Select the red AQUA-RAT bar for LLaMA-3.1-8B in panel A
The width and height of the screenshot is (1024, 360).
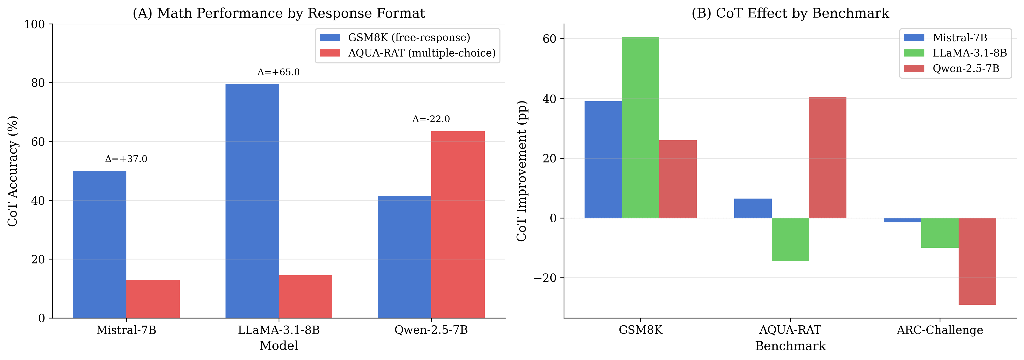point(305,296)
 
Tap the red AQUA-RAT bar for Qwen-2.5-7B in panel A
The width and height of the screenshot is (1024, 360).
point(458,225)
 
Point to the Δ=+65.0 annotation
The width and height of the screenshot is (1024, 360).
point(278,72)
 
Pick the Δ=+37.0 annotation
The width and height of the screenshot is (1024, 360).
point(126,159)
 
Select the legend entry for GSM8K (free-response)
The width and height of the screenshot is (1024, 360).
point(409,38)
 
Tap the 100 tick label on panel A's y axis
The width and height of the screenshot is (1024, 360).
point(35,24)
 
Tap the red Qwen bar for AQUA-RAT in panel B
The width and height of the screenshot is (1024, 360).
point(827,157)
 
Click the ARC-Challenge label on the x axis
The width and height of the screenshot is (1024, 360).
point(939,330)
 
